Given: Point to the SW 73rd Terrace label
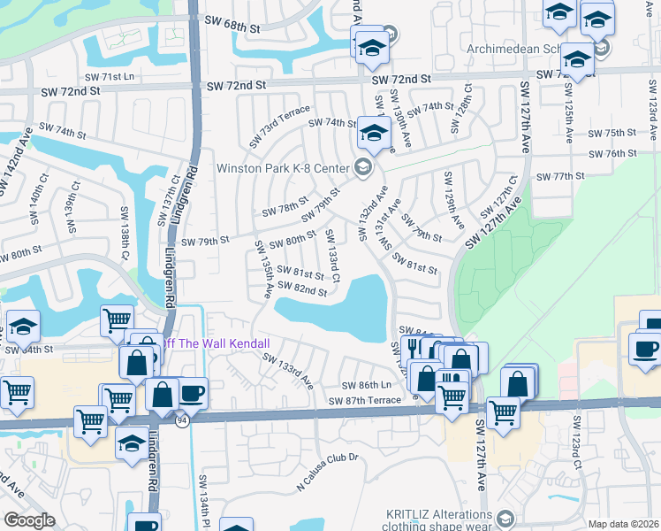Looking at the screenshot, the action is (279, 125).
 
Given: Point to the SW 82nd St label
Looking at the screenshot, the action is (302, 289).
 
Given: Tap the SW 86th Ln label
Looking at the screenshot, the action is (367, 386).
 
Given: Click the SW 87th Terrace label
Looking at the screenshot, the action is (365, 401).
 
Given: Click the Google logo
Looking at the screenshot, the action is (29, 520).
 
